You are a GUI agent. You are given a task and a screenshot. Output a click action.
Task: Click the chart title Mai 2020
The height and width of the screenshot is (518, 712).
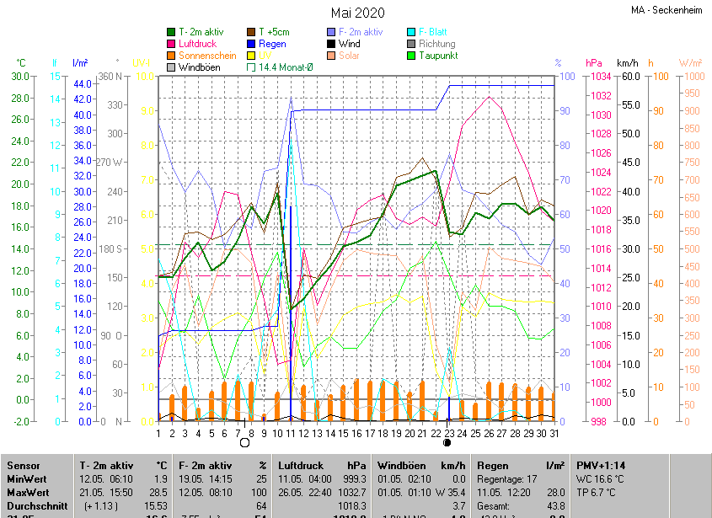pos(357,13)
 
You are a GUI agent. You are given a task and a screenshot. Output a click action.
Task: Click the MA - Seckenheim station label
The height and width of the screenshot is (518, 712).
pos(669,11)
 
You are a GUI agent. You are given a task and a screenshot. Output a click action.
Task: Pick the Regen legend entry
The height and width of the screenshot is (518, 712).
pos(272,44)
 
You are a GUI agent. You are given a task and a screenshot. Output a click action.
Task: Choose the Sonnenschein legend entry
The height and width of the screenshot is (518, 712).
pos(207,56)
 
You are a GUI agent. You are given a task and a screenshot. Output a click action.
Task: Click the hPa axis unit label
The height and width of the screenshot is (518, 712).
pos(593,63)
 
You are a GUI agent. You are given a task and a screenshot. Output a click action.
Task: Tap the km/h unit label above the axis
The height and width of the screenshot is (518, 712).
pos(628,63)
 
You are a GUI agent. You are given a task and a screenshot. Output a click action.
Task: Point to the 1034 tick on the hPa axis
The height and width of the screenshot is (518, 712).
pos(599,77)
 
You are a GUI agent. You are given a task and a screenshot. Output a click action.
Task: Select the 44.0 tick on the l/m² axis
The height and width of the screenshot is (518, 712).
pos(83,84)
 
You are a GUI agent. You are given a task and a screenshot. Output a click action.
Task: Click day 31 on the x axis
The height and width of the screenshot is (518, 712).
pos(554,433)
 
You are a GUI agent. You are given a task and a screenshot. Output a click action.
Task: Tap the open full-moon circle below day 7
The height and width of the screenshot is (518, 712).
pos(244,442)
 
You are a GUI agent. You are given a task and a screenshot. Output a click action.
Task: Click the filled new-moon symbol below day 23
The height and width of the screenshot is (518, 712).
pos(447,442)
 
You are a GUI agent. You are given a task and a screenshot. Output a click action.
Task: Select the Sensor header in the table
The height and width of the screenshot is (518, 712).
pos(23,465)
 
